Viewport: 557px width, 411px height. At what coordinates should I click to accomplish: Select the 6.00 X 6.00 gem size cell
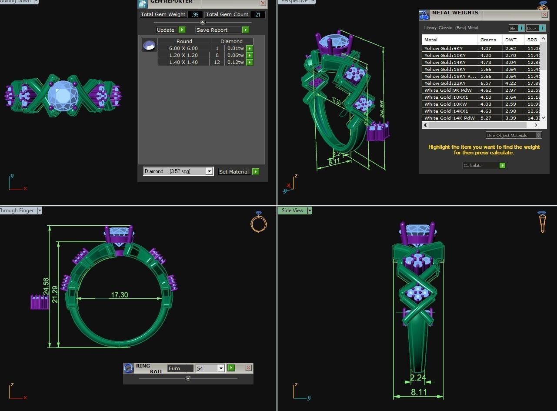click(x=183, y=48)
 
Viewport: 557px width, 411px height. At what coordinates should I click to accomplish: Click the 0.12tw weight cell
click(x=235, y=62)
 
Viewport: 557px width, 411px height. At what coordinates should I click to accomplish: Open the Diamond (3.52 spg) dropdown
click(x=209, y=171)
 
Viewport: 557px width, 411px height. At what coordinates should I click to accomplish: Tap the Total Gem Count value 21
click(x=257, y=14)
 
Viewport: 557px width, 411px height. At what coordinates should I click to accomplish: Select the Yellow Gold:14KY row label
click(x=445, y=62)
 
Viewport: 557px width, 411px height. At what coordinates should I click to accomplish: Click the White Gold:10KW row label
click(x=445, y=104)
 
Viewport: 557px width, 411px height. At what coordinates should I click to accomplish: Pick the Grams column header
click(x=488, y=40)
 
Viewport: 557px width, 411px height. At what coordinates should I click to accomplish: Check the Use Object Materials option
click(x=538, y=135)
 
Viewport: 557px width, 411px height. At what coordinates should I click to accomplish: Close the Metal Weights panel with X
click(x=544, y=14)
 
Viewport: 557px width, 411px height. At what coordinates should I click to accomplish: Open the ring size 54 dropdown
click(x=220, y=368)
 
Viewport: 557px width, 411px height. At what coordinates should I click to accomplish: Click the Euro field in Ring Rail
click(x=180, y=368)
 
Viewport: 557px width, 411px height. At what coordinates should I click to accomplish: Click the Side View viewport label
click(x=292, y=211)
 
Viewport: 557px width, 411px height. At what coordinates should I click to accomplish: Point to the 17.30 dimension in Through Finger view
click(x=119, y=295)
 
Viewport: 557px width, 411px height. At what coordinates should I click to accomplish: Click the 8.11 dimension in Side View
click(x=419, y=392)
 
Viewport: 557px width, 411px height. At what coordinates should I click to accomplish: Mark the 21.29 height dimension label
click(x=54, y=294)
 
